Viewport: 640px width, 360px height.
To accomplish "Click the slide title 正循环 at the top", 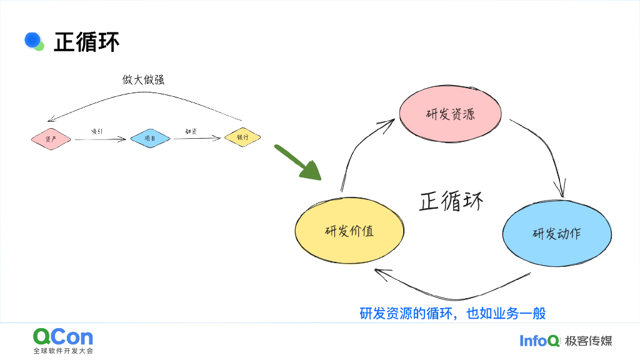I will coord(86,42).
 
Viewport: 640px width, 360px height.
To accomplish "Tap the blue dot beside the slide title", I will coord(32,39).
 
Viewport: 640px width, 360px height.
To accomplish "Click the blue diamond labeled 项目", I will coord(150,138).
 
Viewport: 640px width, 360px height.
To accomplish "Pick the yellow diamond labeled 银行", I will coord(242,137).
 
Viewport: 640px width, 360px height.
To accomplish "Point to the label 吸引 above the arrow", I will coord(97,131).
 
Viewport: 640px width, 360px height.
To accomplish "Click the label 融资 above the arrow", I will coord(191,131).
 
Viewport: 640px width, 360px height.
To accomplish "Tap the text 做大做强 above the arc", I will coord(143,80).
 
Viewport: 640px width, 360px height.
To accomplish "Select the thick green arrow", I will coord(297,162).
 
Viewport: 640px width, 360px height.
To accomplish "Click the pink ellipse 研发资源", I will coord(450,114).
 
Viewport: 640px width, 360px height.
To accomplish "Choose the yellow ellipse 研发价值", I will coord(349,230).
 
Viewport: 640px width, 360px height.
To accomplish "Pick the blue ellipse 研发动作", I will coord(556,233).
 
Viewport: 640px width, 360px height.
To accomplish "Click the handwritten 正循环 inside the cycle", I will coord(451,201).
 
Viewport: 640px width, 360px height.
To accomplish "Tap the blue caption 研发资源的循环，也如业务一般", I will coord(452,313).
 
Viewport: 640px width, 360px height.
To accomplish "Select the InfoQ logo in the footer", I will coord(539,341).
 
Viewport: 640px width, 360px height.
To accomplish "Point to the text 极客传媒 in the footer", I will coord(588,341).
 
